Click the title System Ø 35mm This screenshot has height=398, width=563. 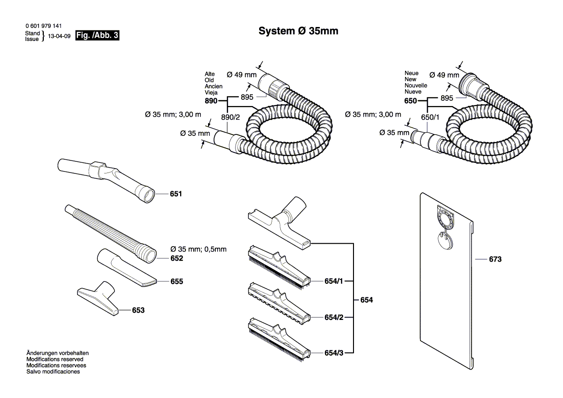tap(299, 31)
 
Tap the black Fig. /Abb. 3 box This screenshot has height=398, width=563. tap(97, 35)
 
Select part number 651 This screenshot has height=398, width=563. tap(176, 194)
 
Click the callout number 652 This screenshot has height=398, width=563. tap(177, 258)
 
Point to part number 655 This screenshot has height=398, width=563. tap(177, 281)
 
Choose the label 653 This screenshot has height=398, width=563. tap(138, 310)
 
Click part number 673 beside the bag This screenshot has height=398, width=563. tap(495, 259)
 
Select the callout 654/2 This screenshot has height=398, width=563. tap(334, 317)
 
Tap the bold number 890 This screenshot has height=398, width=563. tap(211, 101)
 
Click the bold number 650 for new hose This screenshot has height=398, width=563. tap(410, 101)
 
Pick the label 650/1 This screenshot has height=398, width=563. tap(430, 118)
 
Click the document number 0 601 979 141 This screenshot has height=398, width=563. tap(43, 26)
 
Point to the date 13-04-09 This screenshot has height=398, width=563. tap(59, 36)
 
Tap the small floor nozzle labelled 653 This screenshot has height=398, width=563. tap(98, 298)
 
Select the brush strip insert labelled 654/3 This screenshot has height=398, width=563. tap(279, 339)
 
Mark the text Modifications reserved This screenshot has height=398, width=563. tap(55, 359)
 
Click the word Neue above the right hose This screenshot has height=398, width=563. tap(411, 73)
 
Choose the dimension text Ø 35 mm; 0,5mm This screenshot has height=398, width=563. tap(198, 249)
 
